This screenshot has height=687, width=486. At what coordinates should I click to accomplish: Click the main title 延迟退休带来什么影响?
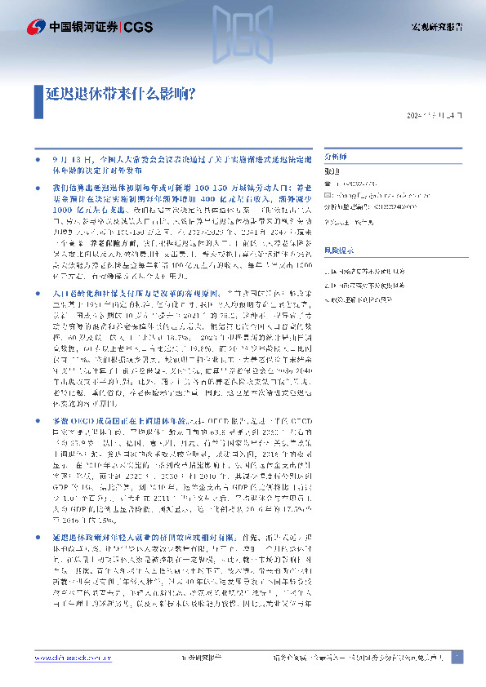point(118,95)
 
